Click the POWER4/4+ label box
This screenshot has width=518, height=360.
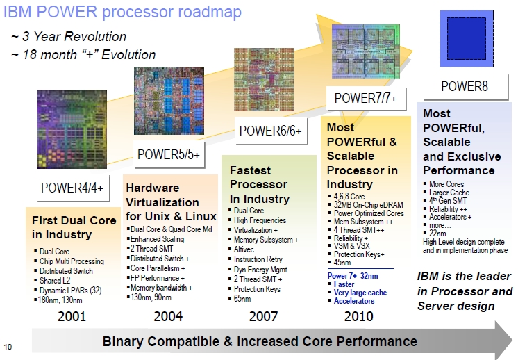point(73,188)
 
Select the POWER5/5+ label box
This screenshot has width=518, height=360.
point(169,154)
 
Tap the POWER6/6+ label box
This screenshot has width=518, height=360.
point(271,131)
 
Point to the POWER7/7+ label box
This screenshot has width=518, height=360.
point(366,98)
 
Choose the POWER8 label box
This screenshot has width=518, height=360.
point(465,87)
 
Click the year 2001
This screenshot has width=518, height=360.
point(72,316)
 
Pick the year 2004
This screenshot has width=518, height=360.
point(168,316)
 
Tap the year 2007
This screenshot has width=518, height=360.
point(263,316)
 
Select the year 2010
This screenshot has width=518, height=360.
point(359,316)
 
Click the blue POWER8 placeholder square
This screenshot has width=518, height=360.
point(467,39)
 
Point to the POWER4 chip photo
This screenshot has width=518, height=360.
point(72,129)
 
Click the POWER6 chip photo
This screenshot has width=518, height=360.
point(264,80)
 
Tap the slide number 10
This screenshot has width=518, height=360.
point(8,347)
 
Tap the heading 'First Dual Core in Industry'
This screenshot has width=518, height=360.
point(74,227)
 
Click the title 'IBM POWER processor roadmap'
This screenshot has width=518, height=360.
point(122,12)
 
